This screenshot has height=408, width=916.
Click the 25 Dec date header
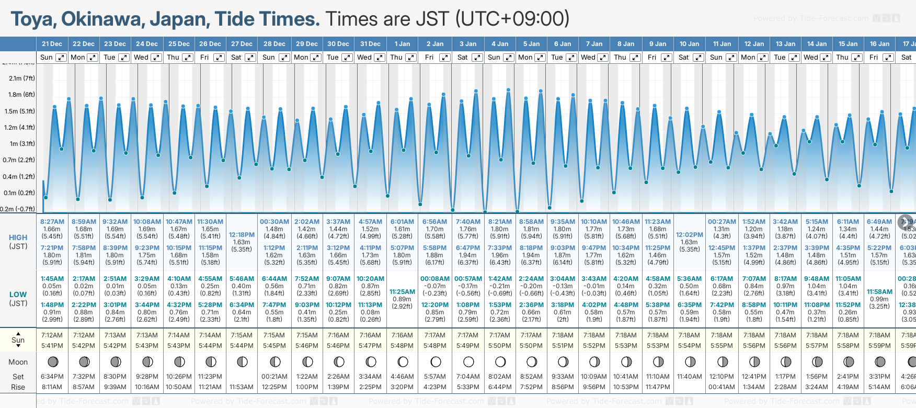[179, 44]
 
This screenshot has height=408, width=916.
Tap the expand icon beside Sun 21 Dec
[61, 58]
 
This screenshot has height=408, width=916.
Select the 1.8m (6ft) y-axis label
[21, 95]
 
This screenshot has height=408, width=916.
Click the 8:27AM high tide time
[52, 222]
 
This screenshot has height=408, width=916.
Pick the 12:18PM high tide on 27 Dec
[242, 235]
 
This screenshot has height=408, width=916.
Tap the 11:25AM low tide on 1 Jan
[402, 292]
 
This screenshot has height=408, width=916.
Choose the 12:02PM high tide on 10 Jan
[689, 235]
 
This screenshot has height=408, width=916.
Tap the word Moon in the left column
[18, 362]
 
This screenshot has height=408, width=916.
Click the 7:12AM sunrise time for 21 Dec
[52, 335]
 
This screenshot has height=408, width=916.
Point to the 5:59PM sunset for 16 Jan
[879, 346]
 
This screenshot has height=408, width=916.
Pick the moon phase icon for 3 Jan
[468, 362]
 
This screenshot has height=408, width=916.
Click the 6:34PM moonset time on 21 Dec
[52, 377]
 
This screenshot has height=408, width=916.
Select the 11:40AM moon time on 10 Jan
[689, 377]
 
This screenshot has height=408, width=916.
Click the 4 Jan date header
[500, 44]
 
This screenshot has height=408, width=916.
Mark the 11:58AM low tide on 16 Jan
[879, 292]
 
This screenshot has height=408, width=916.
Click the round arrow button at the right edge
[906, 222]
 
